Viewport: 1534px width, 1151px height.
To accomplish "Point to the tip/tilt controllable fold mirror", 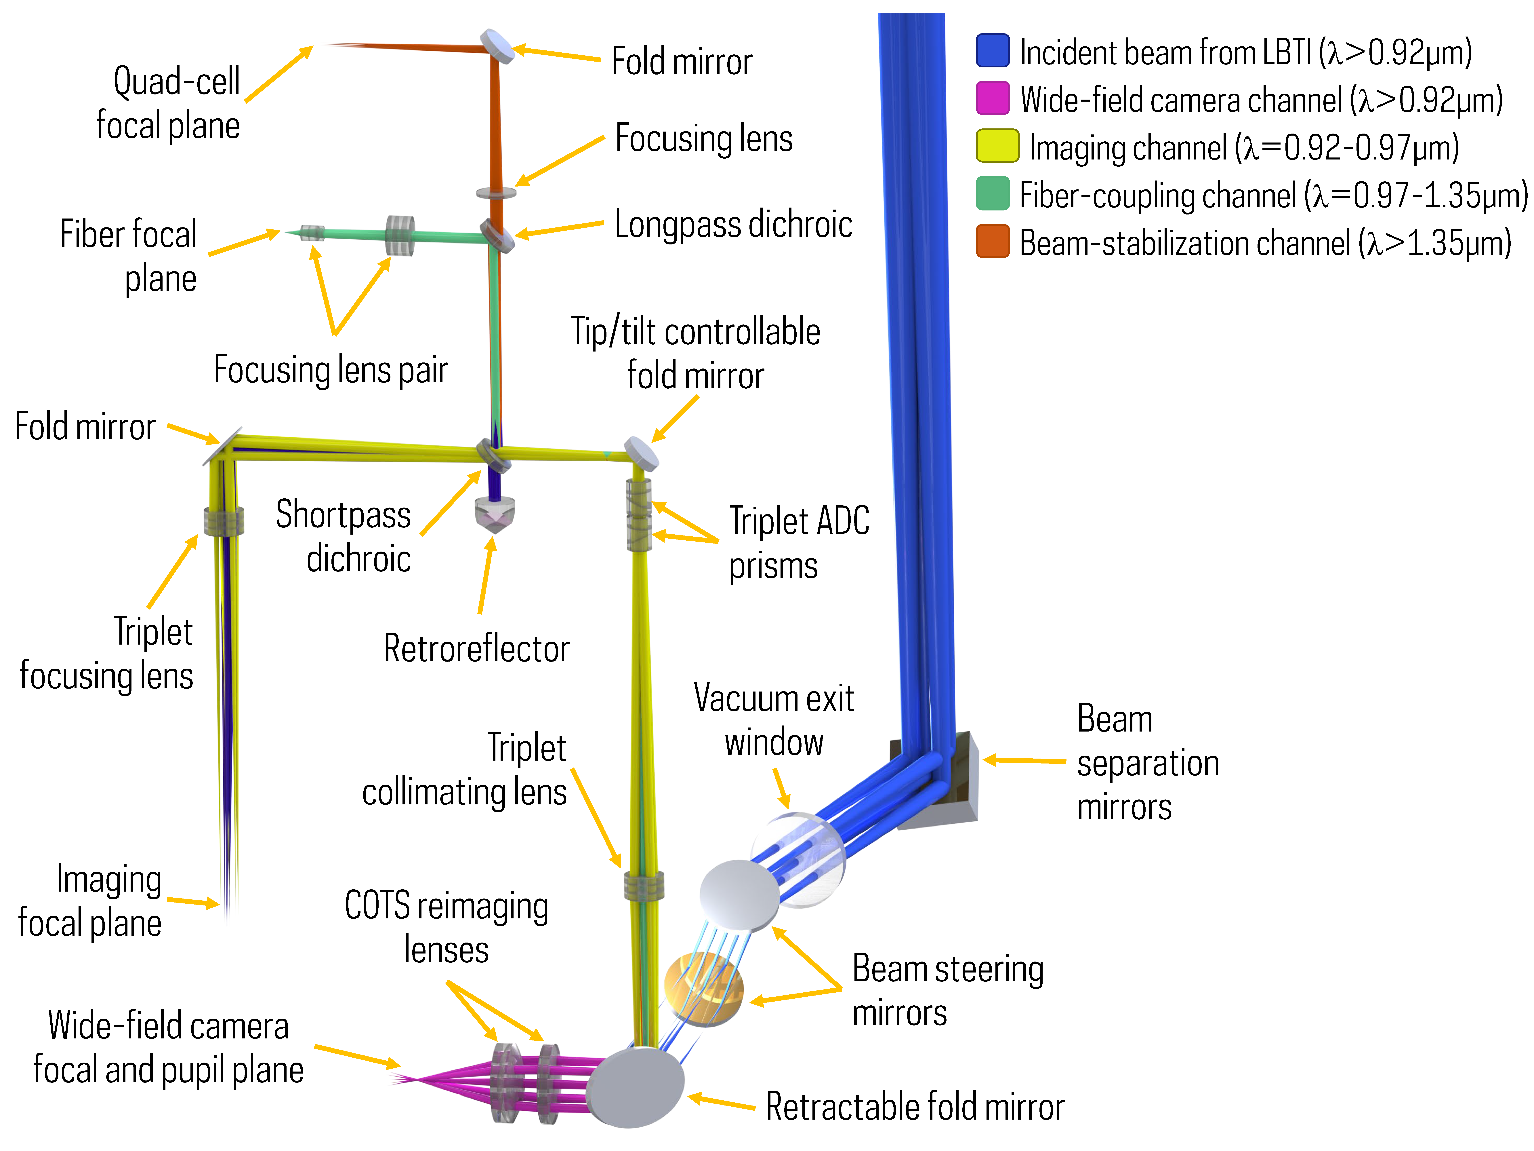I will tap(641, 452).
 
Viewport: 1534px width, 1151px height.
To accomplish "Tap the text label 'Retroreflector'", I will tap(476, 649).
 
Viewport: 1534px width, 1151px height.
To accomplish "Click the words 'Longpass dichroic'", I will tap(733, 224).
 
